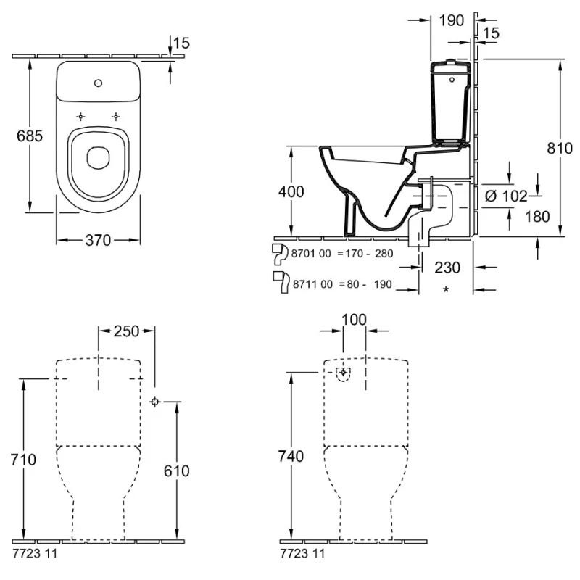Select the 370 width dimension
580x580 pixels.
(98, 240)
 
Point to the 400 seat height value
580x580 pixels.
(291, 191)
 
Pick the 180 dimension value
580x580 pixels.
(536, 216)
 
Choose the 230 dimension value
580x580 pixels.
(447, 267)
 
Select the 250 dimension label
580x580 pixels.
(126, 331)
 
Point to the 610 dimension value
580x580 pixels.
(175, 471)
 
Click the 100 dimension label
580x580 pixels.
(354, 320)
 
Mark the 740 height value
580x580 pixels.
(291, 457)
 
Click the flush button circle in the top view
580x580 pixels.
(98, 82)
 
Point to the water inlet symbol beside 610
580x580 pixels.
(154, 402)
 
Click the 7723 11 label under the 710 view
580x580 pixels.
(35, 553)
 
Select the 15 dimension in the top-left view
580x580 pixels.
(181, 43)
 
